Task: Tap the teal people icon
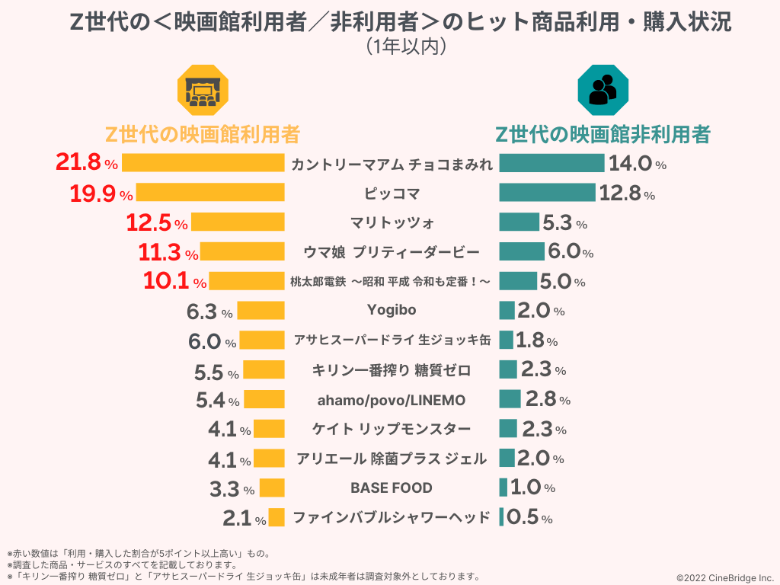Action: point(603,90)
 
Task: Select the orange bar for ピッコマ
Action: point(209,193)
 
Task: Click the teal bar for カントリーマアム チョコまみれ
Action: point(551,163)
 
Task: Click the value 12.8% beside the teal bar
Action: point(626,193)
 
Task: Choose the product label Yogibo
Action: point(392,310)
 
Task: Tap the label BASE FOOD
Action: point(392,487)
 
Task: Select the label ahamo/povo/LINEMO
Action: point(392,400)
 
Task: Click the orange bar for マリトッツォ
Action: point(238,222)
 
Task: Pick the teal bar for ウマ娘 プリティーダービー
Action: point(522,251)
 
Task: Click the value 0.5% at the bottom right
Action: point(529,518)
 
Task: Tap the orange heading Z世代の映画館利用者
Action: point(202,135)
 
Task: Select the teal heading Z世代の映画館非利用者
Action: point(603,135)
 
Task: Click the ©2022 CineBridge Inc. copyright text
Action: point(724,578)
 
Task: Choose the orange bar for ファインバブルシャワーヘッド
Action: point(277,518)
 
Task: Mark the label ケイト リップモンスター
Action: point(392,429)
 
